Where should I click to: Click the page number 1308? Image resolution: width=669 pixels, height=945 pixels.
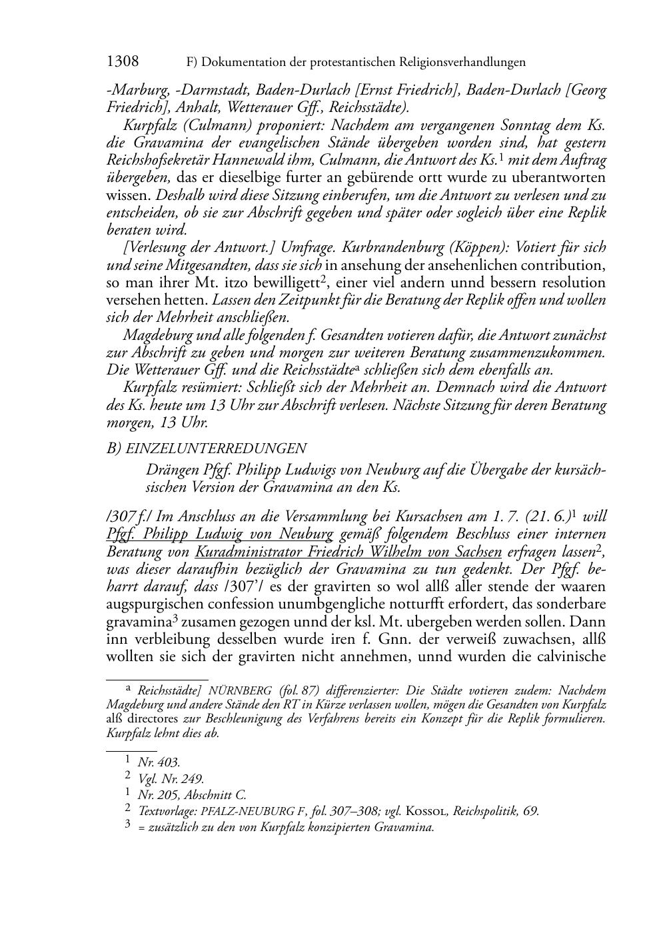[x=123, y=62]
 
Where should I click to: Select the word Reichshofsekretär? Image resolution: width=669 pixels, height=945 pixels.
[x=151, y=160]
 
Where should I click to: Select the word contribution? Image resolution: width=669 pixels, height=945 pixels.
[x=564, y=265]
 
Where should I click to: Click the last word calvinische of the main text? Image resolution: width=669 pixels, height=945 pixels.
[x=570, y=656]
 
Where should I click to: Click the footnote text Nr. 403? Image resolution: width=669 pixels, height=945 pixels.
[x=159, y=762]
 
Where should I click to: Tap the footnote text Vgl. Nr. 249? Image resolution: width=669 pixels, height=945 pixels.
[x=171, y=778]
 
